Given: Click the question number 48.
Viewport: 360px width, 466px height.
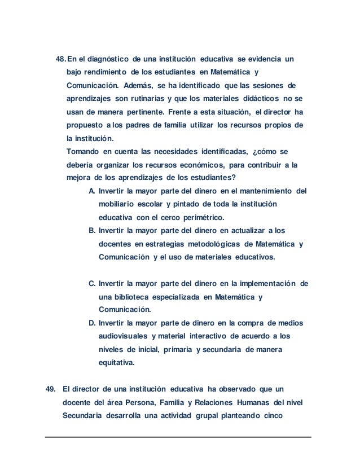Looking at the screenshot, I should click(x=61, y=59).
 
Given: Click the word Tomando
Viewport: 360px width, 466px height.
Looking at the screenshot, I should click(x=83, y=151).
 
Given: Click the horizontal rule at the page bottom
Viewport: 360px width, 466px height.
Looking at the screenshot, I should click(x=179, y=437).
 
